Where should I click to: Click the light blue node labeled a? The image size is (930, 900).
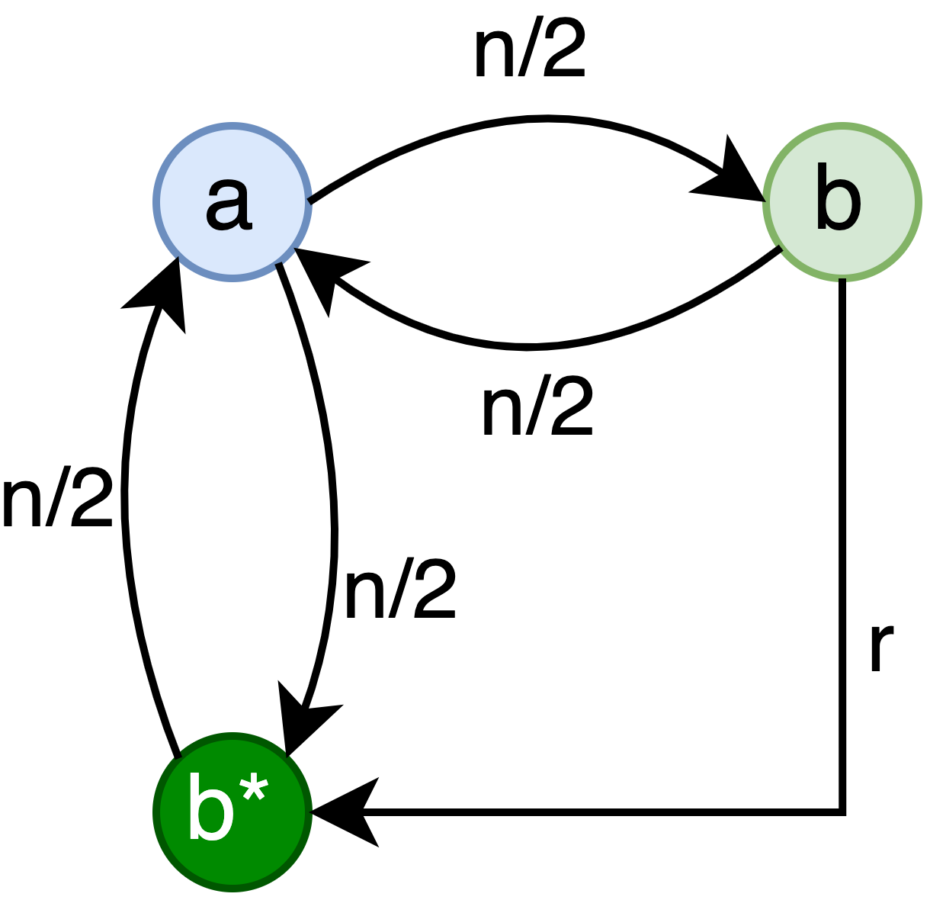click(x=232, y=202)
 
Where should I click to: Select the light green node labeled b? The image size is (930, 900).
click(x=842, y=202)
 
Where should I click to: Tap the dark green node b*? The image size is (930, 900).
click(x=232, y=812)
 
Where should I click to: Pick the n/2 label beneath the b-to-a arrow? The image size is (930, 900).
click(x=537, y=409)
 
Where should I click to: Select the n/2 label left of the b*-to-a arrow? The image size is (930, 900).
click(x=58, y=500)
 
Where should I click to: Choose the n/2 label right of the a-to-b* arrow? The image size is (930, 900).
click(x=400, y=592)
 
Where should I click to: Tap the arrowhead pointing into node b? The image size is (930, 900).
click(x=732, y=177)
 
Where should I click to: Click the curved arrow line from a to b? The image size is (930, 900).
click(x=534, y=119)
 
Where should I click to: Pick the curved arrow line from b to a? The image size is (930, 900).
click(x=534, y=348)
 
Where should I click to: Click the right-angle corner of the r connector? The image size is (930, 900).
click(x=842, y=812)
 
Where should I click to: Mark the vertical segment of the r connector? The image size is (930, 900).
click(x=842, y=534)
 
